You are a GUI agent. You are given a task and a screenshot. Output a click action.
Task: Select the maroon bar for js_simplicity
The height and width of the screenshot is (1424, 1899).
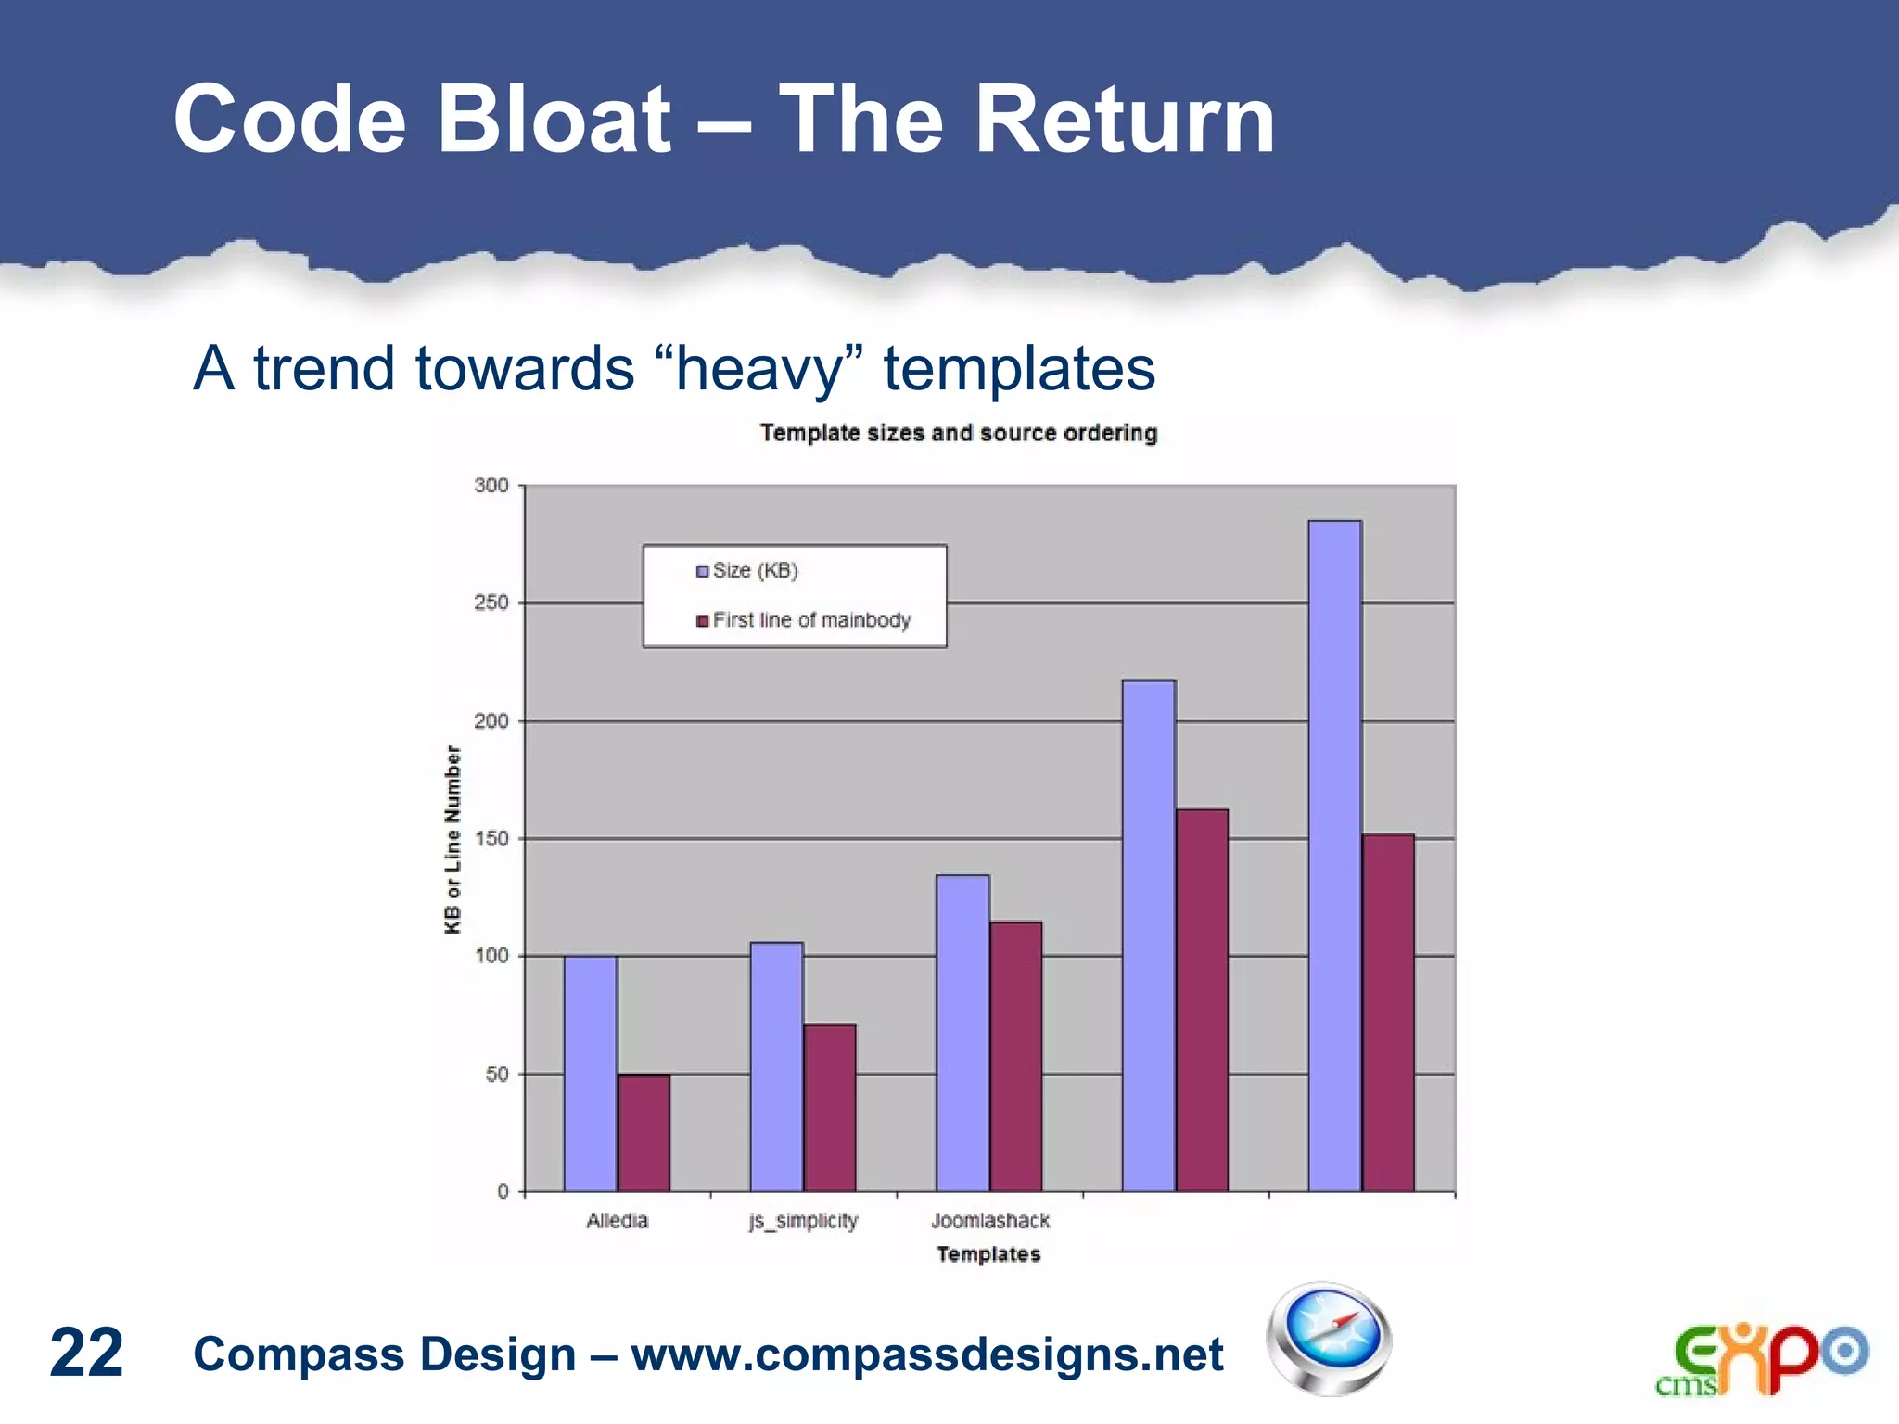[x=829, y=1108]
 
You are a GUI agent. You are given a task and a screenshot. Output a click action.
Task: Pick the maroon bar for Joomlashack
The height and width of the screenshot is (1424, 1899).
[x=1015, y=1057]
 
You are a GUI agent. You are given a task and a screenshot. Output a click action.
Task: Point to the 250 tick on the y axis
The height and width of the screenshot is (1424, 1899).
[x=491, y=603]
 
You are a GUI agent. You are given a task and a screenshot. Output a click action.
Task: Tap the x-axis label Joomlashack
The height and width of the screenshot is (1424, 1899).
[x=989, y=1221]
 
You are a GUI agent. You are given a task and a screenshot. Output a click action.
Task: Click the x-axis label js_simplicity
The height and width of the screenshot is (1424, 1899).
[x=803, y=1221]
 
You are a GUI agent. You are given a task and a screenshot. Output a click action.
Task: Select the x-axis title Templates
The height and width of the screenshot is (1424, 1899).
[x=988, y=1254]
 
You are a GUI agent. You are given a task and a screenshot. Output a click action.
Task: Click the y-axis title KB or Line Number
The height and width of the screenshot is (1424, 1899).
[x=452, y=839]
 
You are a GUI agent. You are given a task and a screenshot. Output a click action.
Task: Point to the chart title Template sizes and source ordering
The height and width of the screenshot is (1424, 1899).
[x=959, y=433]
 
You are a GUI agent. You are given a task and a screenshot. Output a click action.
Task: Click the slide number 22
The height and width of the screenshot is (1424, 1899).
[x=86, y=1353]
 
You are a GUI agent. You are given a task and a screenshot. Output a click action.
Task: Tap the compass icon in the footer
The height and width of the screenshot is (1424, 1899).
[x=1329, y=1339]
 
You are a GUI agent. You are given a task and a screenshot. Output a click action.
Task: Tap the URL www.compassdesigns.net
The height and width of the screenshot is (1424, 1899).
[x=926, y=1354]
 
